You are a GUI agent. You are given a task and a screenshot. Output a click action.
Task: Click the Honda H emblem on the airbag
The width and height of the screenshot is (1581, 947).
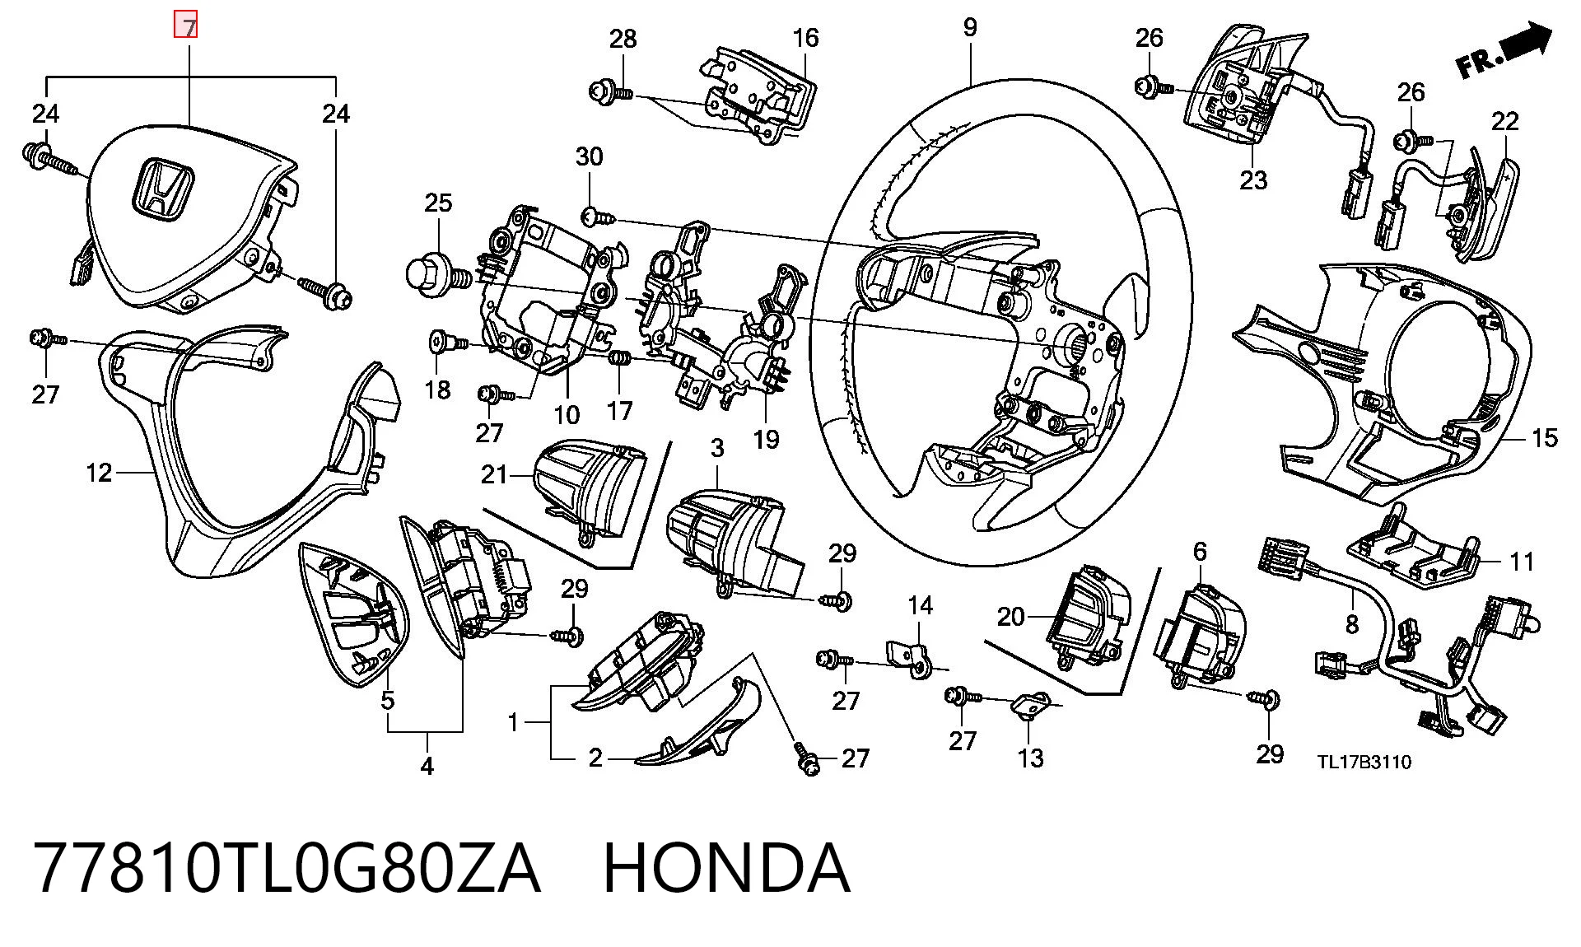coord(161,189)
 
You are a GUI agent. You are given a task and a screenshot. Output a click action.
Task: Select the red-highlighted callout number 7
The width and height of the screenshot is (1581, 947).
coord(190,27)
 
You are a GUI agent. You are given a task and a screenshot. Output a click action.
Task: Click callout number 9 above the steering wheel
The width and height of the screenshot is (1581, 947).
coord(970,27)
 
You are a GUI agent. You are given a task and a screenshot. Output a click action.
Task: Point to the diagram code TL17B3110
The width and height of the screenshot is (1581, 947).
coord(1364,762)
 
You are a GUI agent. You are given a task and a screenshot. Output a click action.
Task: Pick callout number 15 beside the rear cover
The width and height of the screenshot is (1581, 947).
coord(1544,438)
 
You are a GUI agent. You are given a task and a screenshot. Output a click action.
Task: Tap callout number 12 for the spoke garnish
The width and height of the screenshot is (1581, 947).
coord(99,473)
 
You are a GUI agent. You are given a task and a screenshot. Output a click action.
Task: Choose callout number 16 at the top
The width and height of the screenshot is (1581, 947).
coord(805,38)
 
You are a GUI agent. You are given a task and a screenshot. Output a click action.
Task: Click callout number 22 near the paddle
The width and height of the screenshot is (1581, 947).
coord(1504,121)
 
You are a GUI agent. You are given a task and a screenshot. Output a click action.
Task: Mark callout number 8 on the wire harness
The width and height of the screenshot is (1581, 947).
coord(1351,625)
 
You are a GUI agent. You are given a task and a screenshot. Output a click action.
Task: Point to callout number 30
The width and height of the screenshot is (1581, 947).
coord(589,156)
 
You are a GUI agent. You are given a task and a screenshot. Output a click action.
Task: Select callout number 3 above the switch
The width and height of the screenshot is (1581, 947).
coord(717,448)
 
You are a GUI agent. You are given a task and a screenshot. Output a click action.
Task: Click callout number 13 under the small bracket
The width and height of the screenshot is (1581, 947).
coord(1030,758)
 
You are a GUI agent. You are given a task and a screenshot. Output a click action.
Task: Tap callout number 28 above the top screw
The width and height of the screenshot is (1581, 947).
coord(623,38)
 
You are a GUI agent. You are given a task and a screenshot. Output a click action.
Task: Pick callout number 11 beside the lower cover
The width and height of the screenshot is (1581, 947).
coord(1523,562)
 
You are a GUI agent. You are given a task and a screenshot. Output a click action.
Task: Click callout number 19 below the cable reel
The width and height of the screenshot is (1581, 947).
coord(766,439)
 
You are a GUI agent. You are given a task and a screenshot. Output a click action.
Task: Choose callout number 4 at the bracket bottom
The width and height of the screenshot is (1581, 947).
coord(427,767)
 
